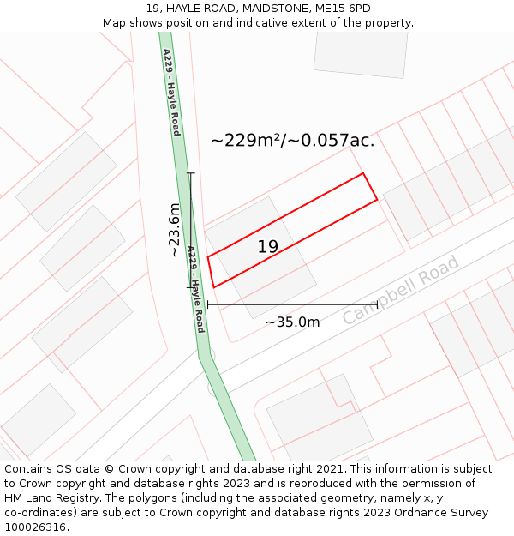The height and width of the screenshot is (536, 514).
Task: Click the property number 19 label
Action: (x=268, y=247)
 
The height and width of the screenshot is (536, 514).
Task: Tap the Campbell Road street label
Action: (x=401, y=290)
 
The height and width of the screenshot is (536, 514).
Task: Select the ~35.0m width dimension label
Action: (x=292, y=322)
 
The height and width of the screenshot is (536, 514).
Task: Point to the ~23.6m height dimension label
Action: (x=174, y=230)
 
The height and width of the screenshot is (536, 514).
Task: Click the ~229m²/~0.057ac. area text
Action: (x=292, y=141)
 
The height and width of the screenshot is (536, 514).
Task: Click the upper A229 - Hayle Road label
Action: (x=171, y=92)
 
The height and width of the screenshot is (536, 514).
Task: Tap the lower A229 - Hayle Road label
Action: (x=195, y=290)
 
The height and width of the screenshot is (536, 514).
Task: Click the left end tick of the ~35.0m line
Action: (x=208, y=304)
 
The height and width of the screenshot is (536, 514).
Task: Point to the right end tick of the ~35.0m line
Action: (x=377, y=304)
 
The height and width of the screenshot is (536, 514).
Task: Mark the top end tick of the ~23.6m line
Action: (x=190, y=173)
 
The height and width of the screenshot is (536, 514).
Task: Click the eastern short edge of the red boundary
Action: (x=370, y=187)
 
